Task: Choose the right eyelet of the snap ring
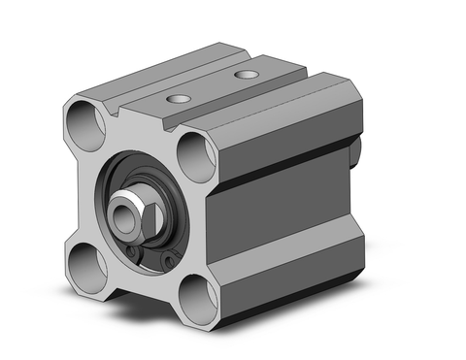coord(170,261)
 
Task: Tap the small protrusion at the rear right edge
coord(356,151)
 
